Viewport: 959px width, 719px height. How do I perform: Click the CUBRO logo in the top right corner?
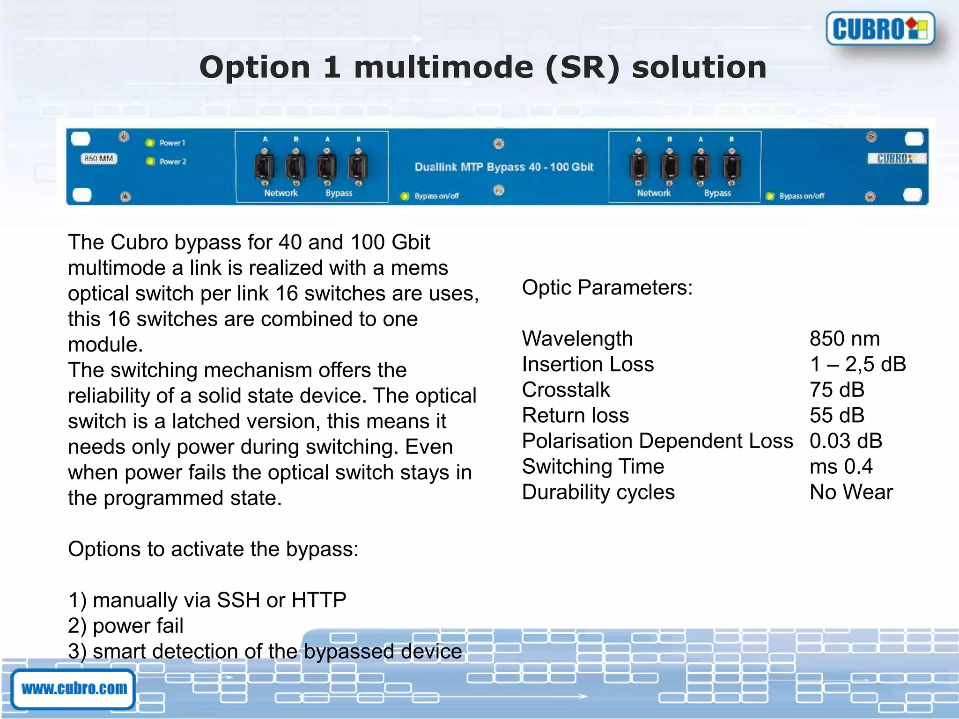point(880,29)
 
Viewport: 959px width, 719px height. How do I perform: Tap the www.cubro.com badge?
point(74,689)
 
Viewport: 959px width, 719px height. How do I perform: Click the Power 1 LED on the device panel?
point(150,143)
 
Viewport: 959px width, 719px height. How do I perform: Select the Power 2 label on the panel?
point(173,161)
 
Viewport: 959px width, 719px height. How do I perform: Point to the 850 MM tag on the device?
point(99,159)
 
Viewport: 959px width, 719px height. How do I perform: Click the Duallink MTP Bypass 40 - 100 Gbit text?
point(504,167)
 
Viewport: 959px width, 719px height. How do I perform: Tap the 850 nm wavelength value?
point(844,338)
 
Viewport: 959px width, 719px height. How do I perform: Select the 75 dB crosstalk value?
point(837,389)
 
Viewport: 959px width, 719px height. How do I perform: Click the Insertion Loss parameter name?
point(588,364)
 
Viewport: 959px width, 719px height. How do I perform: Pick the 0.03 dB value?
point(846,441)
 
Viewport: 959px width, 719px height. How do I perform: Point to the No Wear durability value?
point(851,492)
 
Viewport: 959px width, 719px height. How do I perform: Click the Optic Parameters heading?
point(607,287)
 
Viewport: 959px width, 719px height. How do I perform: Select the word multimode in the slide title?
point(443,67)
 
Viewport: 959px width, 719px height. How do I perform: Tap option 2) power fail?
point(125,626)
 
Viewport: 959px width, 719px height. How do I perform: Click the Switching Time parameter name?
point(593,466)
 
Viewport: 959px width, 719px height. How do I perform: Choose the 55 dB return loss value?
point(837,415)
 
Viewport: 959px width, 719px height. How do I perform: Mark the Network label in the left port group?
point(280,193)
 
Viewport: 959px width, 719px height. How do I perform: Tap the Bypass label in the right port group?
point(717,193)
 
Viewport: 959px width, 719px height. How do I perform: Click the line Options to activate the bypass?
point(213,549)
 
